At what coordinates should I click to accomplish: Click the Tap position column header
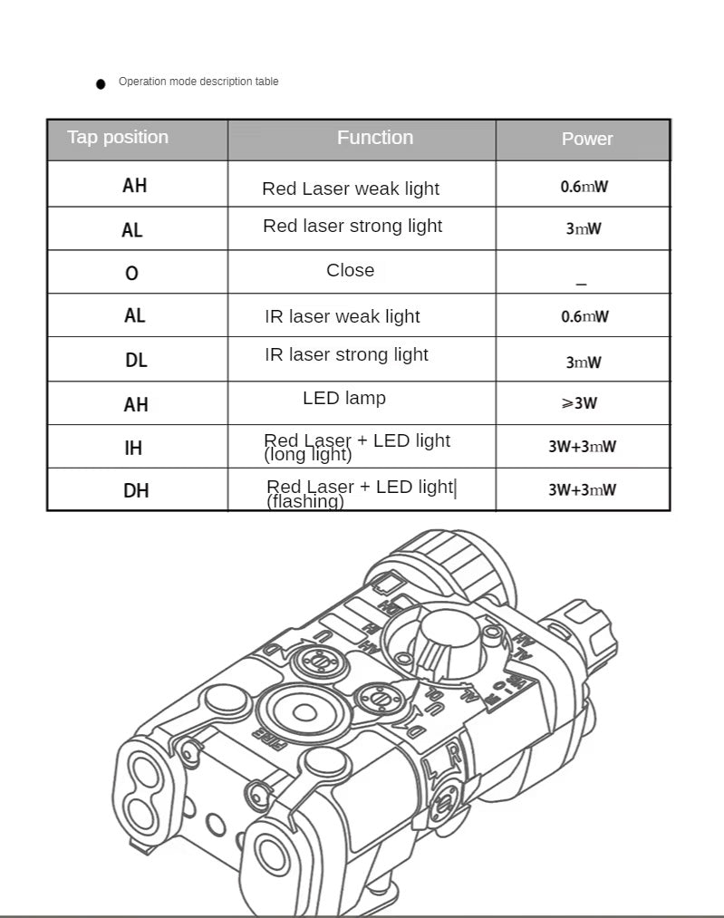click(x=118, y=138)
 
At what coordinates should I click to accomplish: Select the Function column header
click(x=375, y=138)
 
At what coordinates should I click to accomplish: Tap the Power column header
click(x=587, y=139)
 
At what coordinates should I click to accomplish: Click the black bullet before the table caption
click(x=101, y=84)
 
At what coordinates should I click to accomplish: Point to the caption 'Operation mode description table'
click(x=198, y=82)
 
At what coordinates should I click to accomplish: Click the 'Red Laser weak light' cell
click(x=351, y=188)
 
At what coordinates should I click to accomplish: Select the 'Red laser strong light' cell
click(x=352, y=226)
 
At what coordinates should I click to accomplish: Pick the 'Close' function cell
click(x=351, y=270)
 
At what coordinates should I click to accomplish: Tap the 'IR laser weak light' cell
click(x=343, y=316)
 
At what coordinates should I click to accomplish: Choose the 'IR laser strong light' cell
click(x=346, y=354)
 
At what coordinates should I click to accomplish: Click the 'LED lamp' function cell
click(x=344, y=398)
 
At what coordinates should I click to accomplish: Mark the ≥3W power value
click(x=580, y=403)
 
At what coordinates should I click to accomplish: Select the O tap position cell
click(x=132, y=273)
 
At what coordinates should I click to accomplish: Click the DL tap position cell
click(x=136, y=360)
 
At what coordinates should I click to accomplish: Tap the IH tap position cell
click(x=134, y=447)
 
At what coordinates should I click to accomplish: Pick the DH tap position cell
click(x=136, y=490)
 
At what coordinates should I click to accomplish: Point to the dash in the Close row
click(x=582, y=285)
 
